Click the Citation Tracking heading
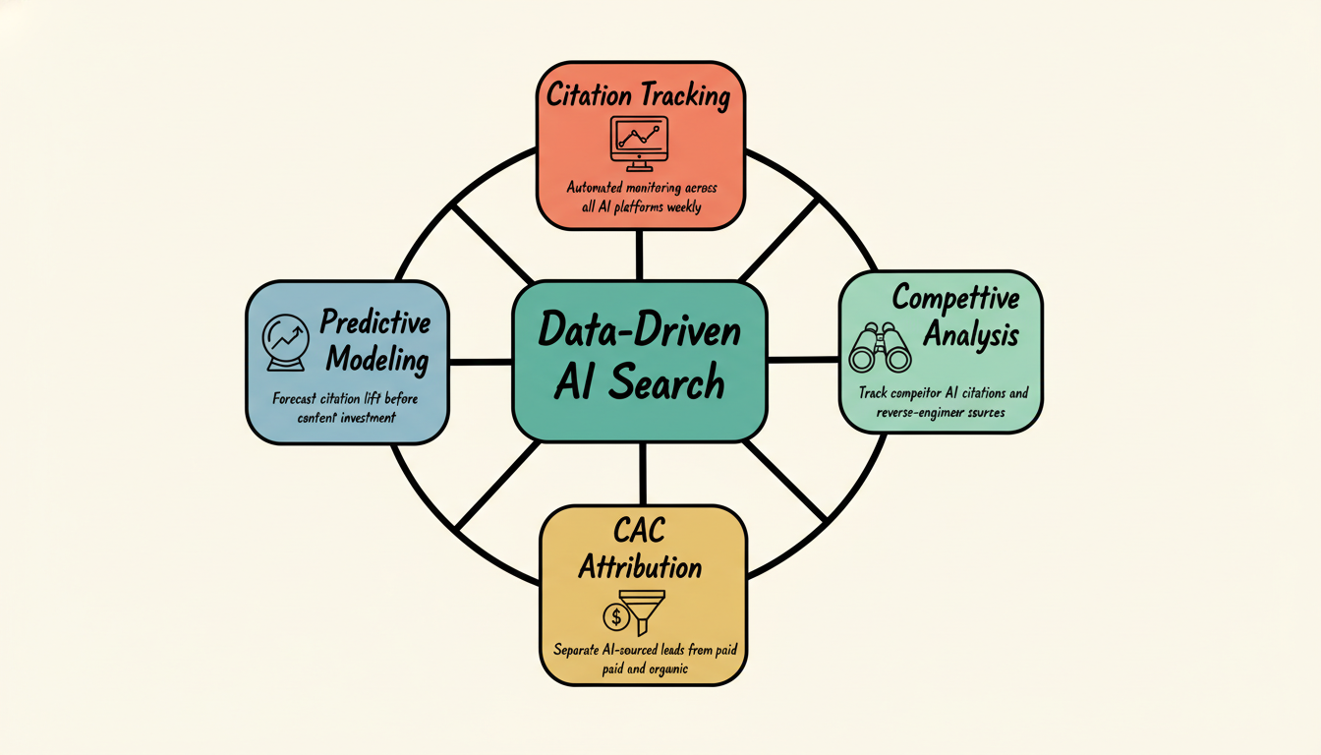(x=639, y=95)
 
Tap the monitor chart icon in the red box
(x=639, y=139)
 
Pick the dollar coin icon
(x=616, y=616)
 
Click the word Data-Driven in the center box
(x=639, y=331)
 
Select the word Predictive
(x=374, y=322)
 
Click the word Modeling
(x=377, y=359)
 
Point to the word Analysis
(x=970, y=335)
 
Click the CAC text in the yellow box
(x=639, y=532)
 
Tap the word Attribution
(x=640, y=567)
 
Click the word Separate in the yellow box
(x=578, y=650)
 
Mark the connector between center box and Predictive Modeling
(x=481, y=362)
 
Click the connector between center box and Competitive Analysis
(x=802, y=360)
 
